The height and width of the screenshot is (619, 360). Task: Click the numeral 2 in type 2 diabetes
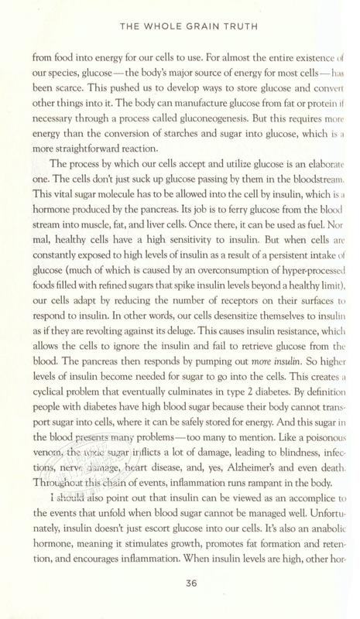[x=232, y=389]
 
